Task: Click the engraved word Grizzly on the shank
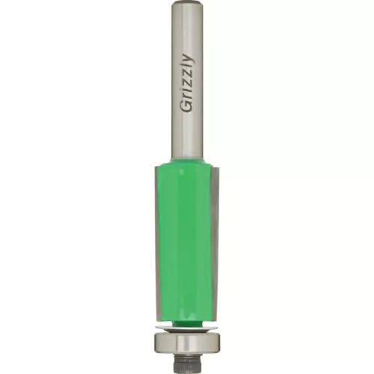pyautogui.click(x=187, y=83)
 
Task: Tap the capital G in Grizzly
pyautogui.click(x=186, y=106)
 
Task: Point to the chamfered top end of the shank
pyautogui.click(x=186, y=2)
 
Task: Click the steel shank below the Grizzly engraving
pyautogui.click(x=186, y=136)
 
